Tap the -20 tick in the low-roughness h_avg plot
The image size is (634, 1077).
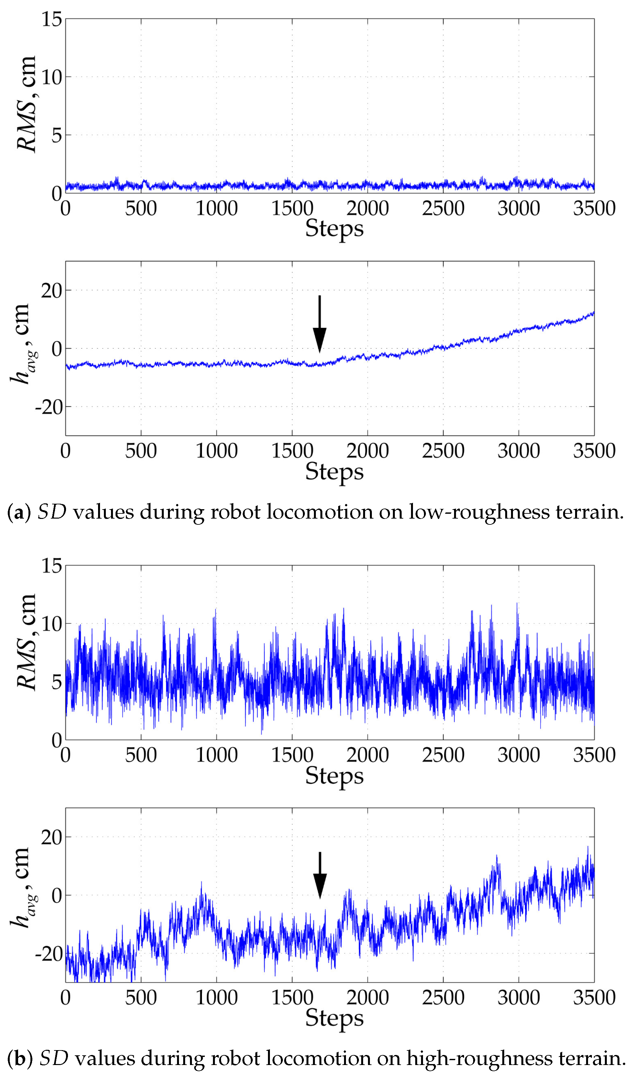pyautogui.click(x=49, y=407)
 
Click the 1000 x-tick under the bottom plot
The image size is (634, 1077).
pyautogui.click(x=217, y=998)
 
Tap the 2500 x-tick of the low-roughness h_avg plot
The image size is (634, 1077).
pyautogui.click(x=443, y=451)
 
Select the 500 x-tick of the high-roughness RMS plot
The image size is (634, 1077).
pyautogui.click(x=141, y=755)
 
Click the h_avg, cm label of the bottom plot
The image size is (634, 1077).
pyautogui.click(x=22, y=889)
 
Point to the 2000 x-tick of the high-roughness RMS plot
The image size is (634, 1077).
pyautogui.click(x=367, y=755)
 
